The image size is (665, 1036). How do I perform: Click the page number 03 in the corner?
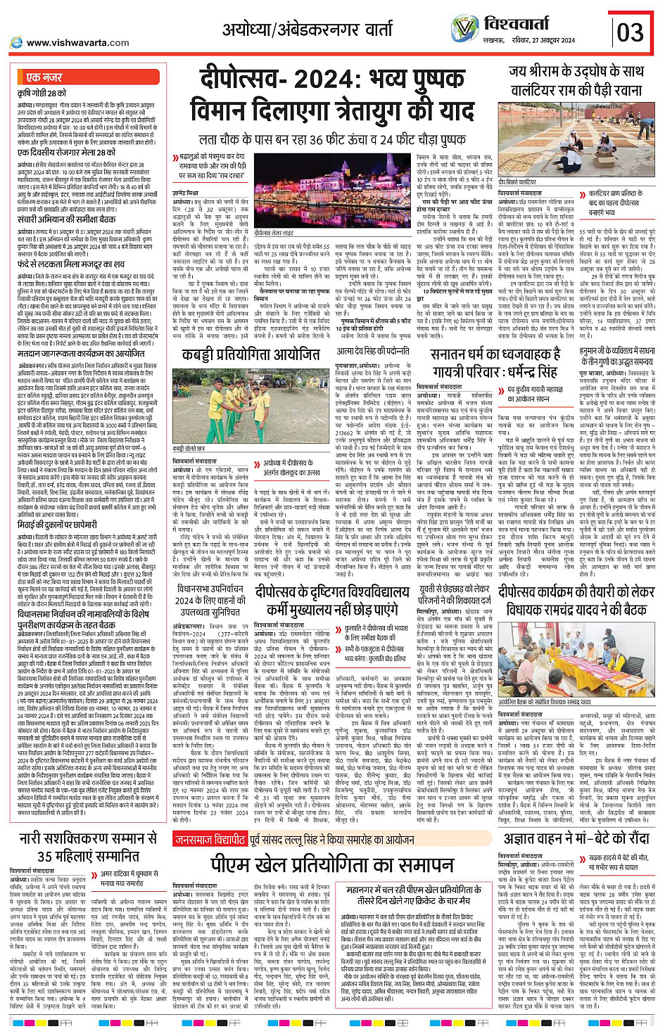click(x=630, y=32)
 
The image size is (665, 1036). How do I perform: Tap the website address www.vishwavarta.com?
click(x=77, y=43)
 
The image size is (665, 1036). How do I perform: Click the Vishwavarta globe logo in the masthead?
click(x=464, y=28)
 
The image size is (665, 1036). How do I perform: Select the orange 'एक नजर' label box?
click(x=44, y=77)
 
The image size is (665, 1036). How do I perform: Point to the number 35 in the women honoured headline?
click(x=46, y=856)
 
